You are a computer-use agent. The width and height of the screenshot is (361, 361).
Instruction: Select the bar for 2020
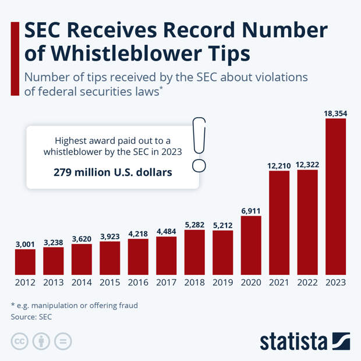[251, 245]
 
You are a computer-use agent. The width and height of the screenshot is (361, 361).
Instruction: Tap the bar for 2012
[25, 262]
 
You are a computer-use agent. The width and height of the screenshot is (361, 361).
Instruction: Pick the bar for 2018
[194, 252]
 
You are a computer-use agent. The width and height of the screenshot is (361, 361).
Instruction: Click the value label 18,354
[336, 112]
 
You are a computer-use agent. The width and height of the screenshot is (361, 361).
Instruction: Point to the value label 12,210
[279, 166]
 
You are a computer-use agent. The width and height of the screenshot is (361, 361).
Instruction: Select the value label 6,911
[251, 210]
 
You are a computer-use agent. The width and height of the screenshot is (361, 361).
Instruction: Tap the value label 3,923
[109, 236]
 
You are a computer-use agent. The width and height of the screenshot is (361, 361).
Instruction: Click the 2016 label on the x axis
[138, 282]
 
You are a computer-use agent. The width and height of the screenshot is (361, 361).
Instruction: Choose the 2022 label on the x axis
[307, 282]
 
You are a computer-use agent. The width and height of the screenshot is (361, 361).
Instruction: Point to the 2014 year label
[82, 282]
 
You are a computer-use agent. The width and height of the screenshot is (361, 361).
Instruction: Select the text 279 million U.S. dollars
[113, 172]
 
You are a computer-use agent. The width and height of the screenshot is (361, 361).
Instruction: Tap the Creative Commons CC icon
[20, 341]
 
